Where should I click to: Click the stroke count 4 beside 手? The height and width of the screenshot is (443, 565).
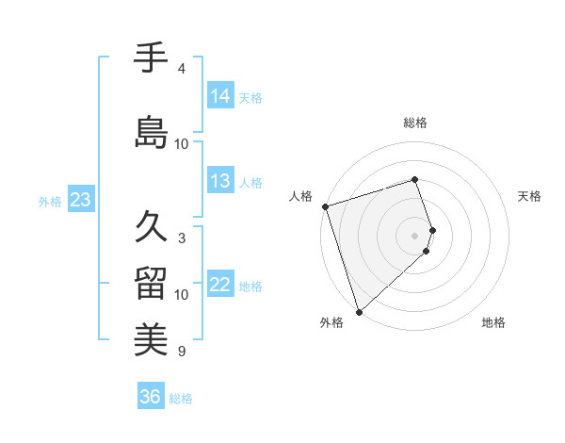(181, 69)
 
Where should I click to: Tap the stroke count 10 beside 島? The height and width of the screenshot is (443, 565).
(182, 143)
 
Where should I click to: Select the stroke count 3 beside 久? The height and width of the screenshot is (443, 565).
(181, 238)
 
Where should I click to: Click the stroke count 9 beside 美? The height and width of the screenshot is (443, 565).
(181, 352)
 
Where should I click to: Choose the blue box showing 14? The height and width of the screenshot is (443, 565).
(220, 95)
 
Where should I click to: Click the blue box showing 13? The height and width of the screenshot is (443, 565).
(220, 181)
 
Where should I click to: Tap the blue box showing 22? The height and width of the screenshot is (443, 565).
(220, 285)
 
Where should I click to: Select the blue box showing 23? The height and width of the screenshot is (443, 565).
(80, 200)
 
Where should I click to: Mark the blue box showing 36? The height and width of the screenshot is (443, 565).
(151, 397)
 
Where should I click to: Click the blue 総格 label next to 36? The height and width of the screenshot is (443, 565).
(181, 399)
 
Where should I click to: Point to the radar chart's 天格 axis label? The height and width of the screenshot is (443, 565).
(529, 196)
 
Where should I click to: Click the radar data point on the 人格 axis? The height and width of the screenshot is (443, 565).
(325, 206)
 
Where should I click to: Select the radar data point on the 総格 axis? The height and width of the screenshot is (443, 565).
(414, 179)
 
